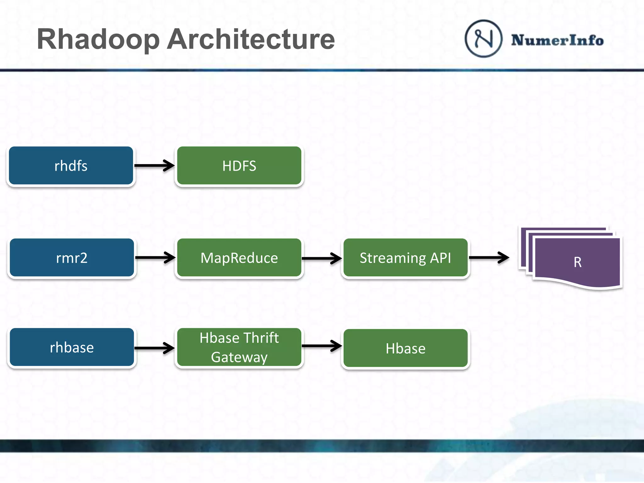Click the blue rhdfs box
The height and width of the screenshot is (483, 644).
tap(71, 166)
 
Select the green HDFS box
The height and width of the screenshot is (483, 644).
tap(239, 166)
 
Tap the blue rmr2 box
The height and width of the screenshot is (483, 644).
tap(72, 258)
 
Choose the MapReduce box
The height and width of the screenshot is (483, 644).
tap(239, 258)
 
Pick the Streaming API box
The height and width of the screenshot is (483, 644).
tap(405, 258)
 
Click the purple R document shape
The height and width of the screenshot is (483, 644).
tap(577, 262)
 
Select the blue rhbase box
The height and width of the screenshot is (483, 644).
tap(72, 347)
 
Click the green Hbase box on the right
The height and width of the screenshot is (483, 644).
tap(405, 348)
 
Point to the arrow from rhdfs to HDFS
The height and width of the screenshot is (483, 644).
tap(154, 165)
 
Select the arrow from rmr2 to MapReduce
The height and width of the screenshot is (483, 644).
tap(155, 258)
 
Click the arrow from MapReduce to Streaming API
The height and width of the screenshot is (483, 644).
tap(322, 258)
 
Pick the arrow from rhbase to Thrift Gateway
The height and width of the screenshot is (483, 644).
tap(154, 348)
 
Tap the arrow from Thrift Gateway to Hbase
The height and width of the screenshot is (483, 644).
tap(322, 346)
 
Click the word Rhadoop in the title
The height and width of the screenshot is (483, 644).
tap(98, 40)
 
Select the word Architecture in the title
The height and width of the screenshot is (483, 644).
tap(251, 40)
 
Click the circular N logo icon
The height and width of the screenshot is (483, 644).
tap(483, 39)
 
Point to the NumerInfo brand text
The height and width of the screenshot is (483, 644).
tap(557, 40)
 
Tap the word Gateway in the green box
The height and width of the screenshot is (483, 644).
tap(239, 357)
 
